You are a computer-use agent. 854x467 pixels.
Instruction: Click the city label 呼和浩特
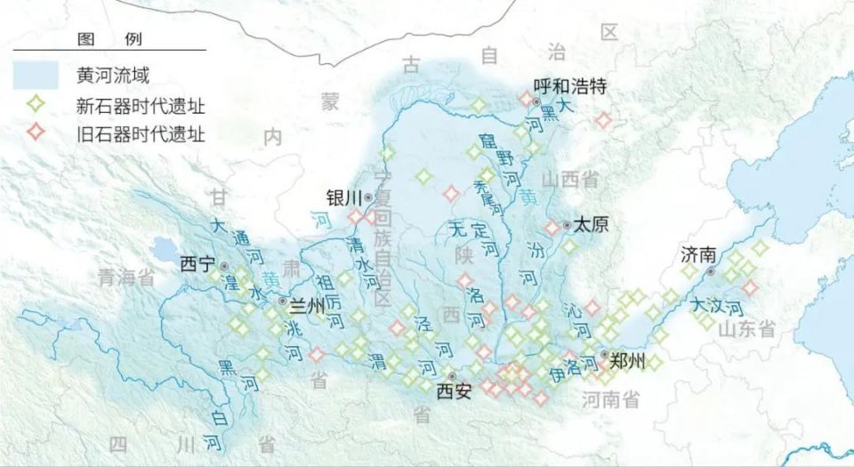click(x=569, y=86)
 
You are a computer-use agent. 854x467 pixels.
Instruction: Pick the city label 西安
click(x=454, y=391)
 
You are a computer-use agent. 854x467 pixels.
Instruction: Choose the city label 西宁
click(x=197, y=265)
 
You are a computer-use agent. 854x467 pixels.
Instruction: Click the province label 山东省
click(x=747, y=329)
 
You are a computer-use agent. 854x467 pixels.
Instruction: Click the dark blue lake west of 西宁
click(x=164, y=250)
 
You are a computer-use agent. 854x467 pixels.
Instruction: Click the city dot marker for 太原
click(x=567, y=225)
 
